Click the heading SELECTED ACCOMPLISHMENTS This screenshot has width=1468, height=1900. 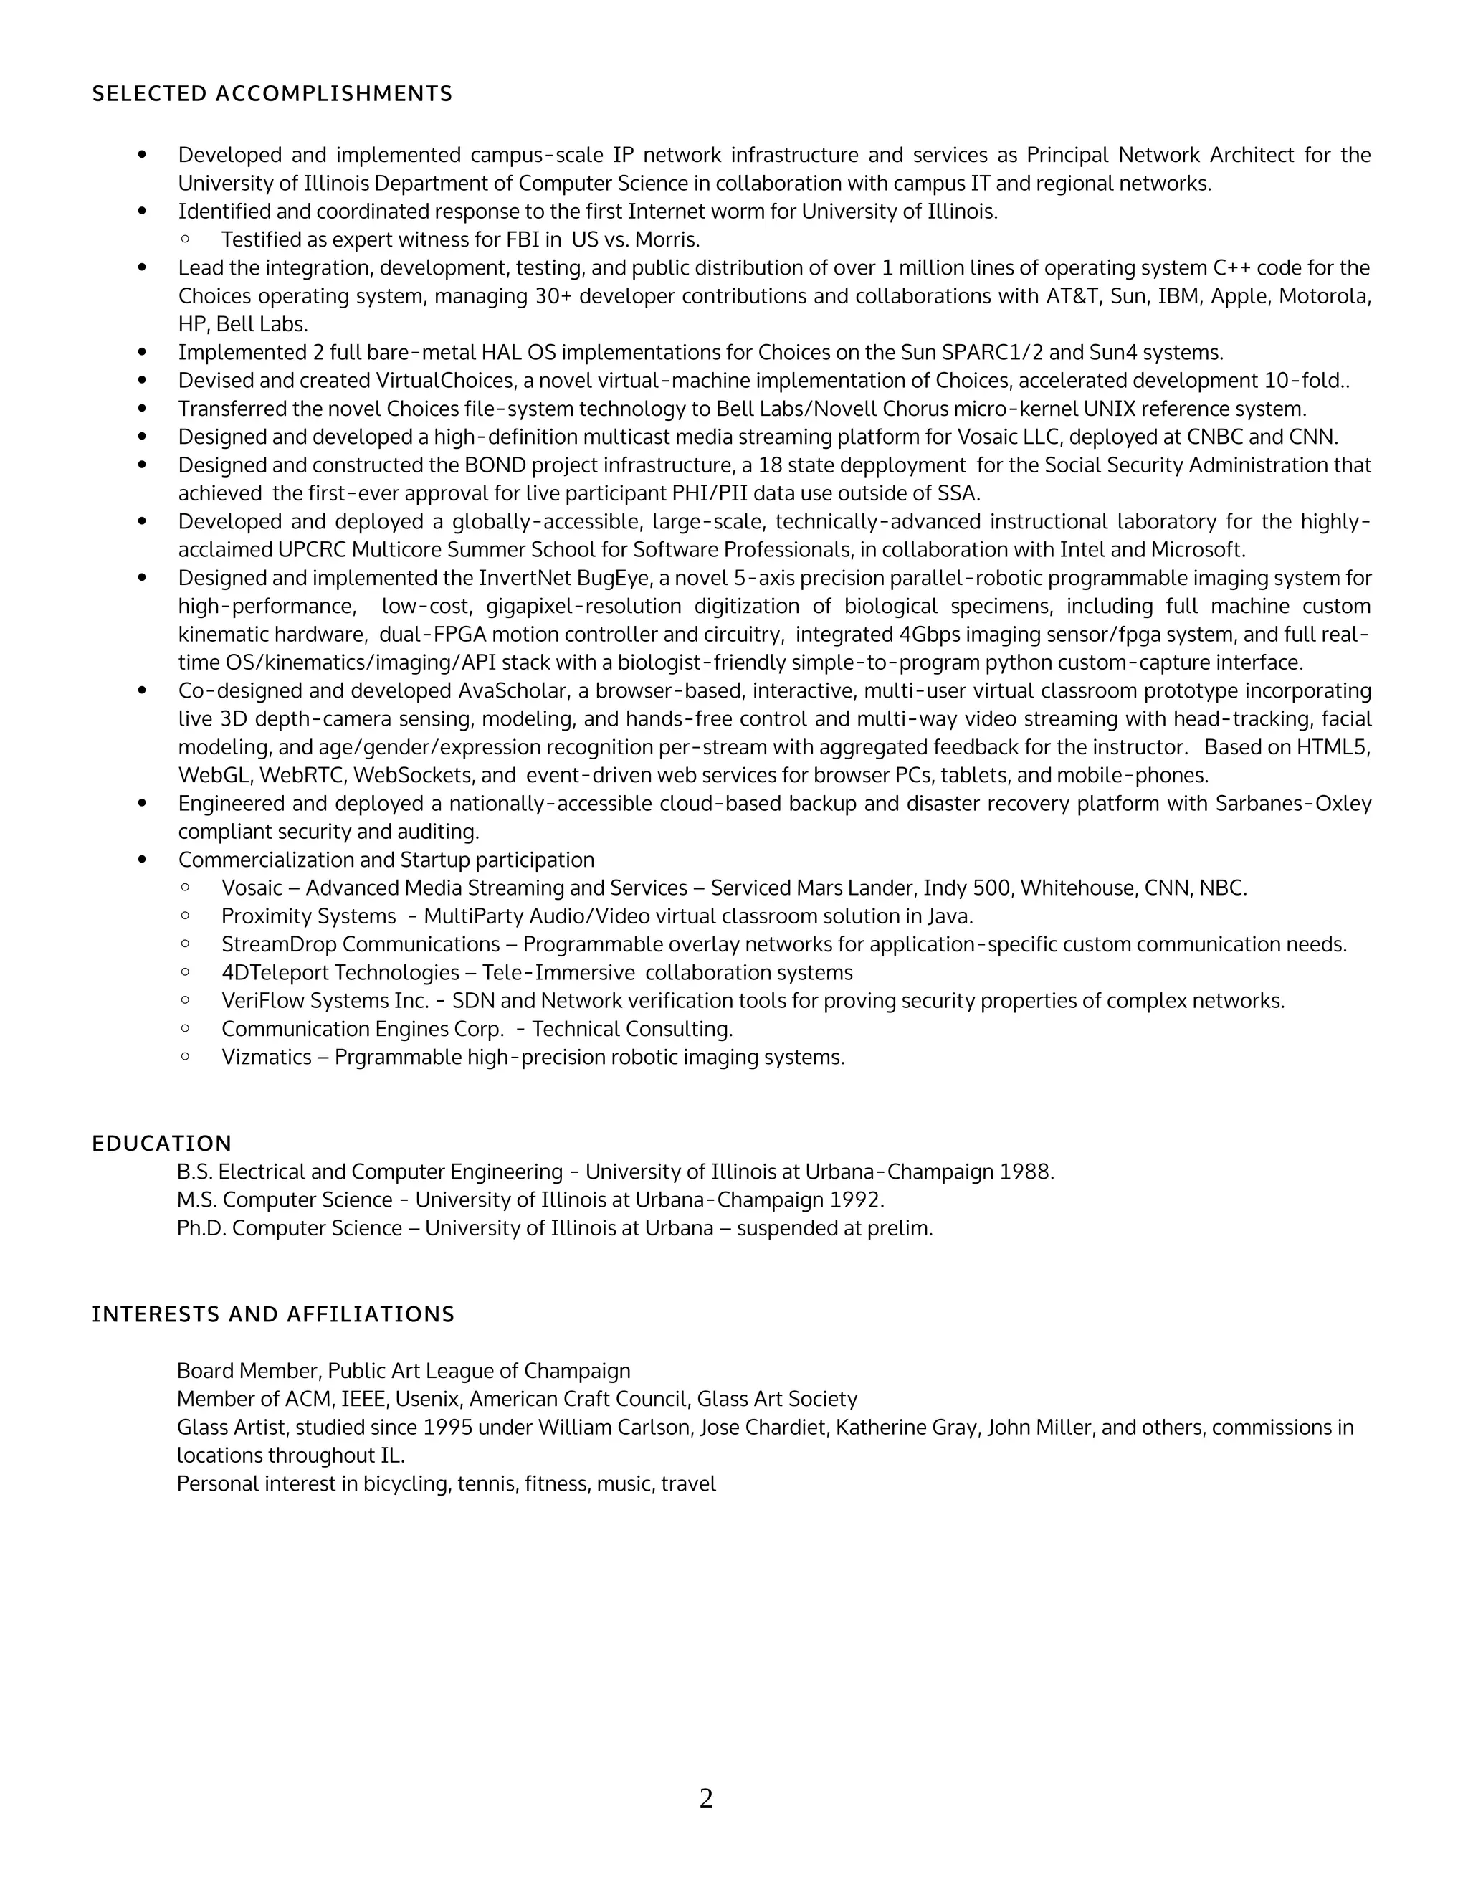point(272,94)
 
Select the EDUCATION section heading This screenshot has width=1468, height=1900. point(162,1143)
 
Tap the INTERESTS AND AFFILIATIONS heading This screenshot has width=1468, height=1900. point(273,1314)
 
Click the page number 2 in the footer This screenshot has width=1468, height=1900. point(706,1797)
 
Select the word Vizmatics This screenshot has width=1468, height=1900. point(266,1058)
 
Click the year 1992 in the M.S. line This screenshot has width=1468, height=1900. point(857,1200)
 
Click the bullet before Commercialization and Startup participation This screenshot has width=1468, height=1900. point(143,860)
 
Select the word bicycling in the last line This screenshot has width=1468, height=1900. point(405,1484)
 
